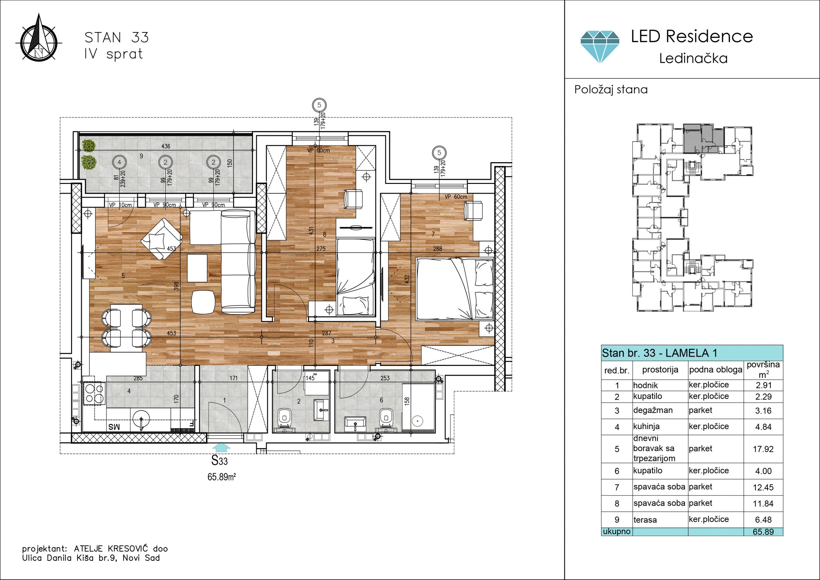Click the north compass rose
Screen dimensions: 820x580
(39, 39)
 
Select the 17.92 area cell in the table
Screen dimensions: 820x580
(763, 449)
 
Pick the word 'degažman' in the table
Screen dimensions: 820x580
(653, 410)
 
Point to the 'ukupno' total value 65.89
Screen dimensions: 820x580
(763, 532)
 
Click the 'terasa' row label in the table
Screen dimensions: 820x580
(645, 520)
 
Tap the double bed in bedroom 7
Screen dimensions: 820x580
(455, 289)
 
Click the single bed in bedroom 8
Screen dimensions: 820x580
(356, 277)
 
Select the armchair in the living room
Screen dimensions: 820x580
(162, 239)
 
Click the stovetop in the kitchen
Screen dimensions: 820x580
(94, 394)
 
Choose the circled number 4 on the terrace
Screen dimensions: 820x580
(119, 162)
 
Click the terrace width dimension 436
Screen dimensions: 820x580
(166, 146)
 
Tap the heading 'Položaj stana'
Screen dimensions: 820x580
(611, 89)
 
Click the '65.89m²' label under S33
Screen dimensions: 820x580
(221, 477)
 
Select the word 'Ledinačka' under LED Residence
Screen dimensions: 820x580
(693, 58)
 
